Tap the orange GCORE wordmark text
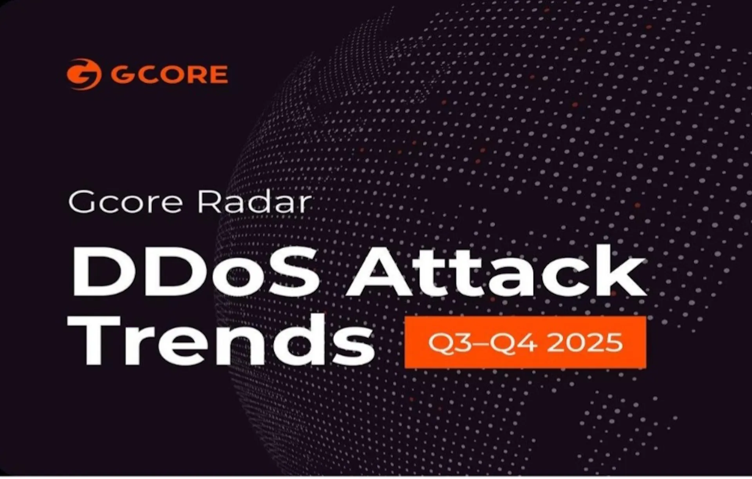point(169,74)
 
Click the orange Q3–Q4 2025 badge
point(525,342)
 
